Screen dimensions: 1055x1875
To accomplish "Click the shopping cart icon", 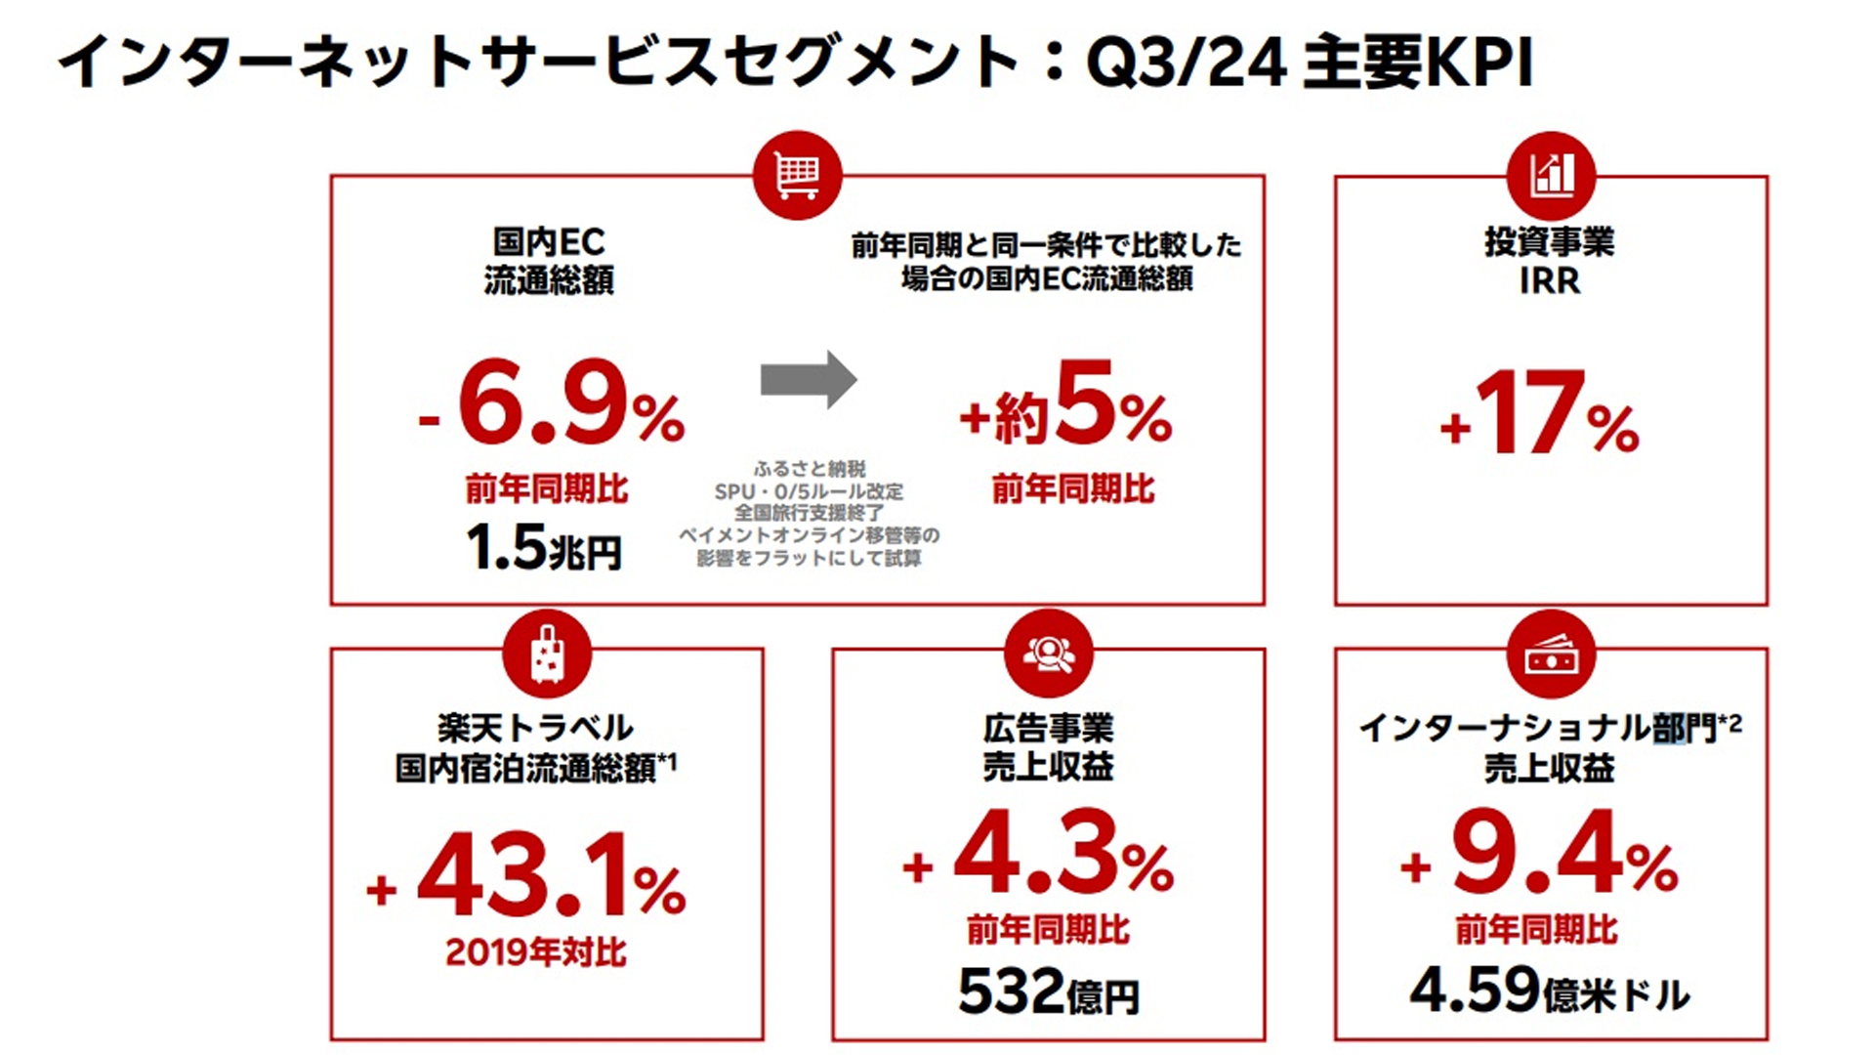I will (x=797, y=176).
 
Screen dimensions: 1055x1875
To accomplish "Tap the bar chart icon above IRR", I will (x=1551, y=176).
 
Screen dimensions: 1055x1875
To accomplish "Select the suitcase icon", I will (x=547, y=654).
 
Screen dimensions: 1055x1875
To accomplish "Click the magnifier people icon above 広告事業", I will (x=1048, y=654).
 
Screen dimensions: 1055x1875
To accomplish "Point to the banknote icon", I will (x=1551, y=655).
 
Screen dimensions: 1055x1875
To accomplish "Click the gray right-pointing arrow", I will (x=809, y=379).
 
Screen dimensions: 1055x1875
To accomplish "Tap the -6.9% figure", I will (x=553, y=405).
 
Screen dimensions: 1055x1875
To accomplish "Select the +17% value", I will (x=1540, y=414).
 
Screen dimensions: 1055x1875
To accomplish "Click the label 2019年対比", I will (x=536, y=951).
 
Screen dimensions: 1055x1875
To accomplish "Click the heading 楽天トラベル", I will (x=535, y=728).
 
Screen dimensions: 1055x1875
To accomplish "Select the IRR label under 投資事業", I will (x=1550, y=281).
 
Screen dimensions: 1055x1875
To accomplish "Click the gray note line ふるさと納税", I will (x=810, y=469).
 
